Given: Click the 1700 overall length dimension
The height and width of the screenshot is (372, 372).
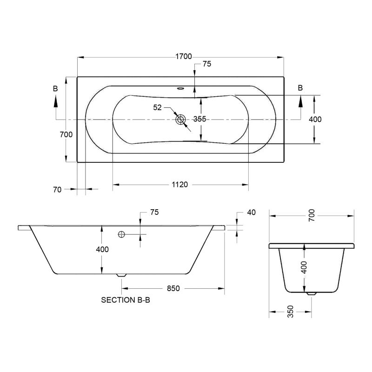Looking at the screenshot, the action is coord(183,56).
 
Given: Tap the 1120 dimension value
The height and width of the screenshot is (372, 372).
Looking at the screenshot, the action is coord(179,184).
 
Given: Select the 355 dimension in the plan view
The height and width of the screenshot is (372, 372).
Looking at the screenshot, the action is coord(199,119).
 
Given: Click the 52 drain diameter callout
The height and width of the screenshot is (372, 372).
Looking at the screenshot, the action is coord(157,107).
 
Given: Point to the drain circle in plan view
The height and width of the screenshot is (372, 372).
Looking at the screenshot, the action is coord(180,120).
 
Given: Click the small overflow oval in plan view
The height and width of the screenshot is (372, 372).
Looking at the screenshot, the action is coord(180,88).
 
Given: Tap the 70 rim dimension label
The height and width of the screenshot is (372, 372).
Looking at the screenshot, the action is coord(57,190).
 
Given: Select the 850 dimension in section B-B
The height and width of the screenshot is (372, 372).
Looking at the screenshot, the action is coord(173,288).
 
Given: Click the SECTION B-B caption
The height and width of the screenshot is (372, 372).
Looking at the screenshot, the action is coord(126,300).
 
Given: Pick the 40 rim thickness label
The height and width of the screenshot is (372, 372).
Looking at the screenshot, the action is coord(252,213).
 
